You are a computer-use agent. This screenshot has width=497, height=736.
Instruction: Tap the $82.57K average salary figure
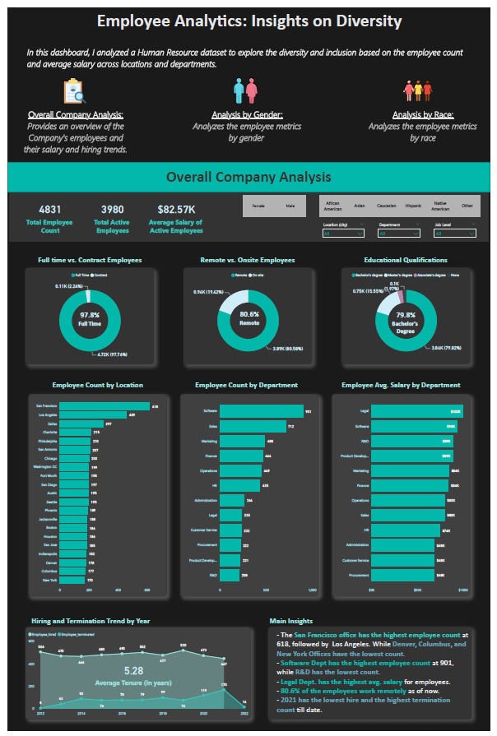tap(175, 210)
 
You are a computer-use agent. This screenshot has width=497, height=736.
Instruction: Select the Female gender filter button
tap(258, 206)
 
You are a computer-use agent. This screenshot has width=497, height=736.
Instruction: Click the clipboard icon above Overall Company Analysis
tap(74, 90)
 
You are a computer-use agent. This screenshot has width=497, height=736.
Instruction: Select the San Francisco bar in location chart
tap(105, 406)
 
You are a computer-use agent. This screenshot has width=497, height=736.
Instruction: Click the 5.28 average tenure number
tap(134, 671)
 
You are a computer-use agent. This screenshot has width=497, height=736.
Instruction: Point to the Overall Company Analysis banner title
tap(248, 177)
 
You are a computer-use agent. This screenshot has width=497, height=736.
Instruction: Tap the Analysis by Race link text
tap(422, 115)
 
